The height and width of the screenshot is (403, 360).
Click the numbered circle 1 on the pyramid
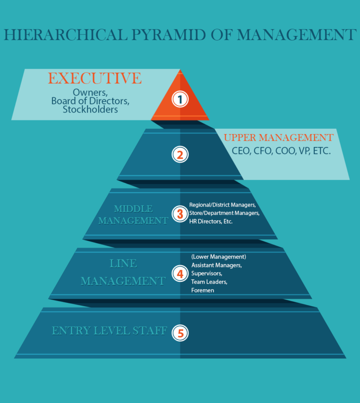pyautogui.click(x=180, y=99)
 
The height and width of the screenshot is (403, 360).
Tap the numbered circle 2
pyautogui.click(x=180, y=154)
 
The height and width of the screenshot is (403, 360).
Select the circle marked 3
pyautogui.click(x=180, y=213)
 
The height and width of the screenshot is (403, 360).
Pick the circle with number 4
pyautogui.click(x=180, y=273)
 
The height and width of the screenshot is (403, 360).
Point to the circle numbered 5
pyautogui.click(x=180, y=332)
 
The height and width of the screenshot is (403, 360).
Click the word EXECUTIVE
pyautogui.click(x=95, y=78)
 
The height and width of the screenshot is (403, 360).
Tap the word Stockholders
pyautogui.click(x=90, y=110)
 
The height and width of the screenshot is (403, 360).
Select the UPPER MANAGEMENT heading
pyautogui.click(x=278, y=137)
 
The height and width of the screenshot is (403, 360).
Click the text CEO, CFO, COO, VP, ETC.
pyautogui.click(x=282, y=150)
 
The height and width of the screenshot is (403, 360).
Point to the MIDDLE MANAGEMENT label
pyautogui.click(x=133, y=214)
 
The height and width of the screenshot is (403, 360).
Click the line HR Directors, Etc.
pyautogui.click(x=210, y=222)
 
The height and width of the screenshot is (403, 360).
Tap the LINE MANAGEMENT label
pyautogui.click(x=123, y=272)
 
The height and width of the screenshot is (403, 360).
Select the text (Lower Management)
pyautogui.click(x=218, y=257)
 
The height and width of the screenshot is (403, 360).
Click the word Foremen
pyautogui.click(x=203, y=290)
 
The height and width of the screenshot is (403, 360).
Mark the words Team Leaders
pyautogui.click(x=209, y=282)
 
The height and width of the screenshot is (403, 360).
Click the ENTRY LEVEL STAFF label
pyautogui.click(x=109, y=331)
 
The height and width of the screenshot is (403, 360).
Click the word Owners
pyautogui.click(x=90, y=92)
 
